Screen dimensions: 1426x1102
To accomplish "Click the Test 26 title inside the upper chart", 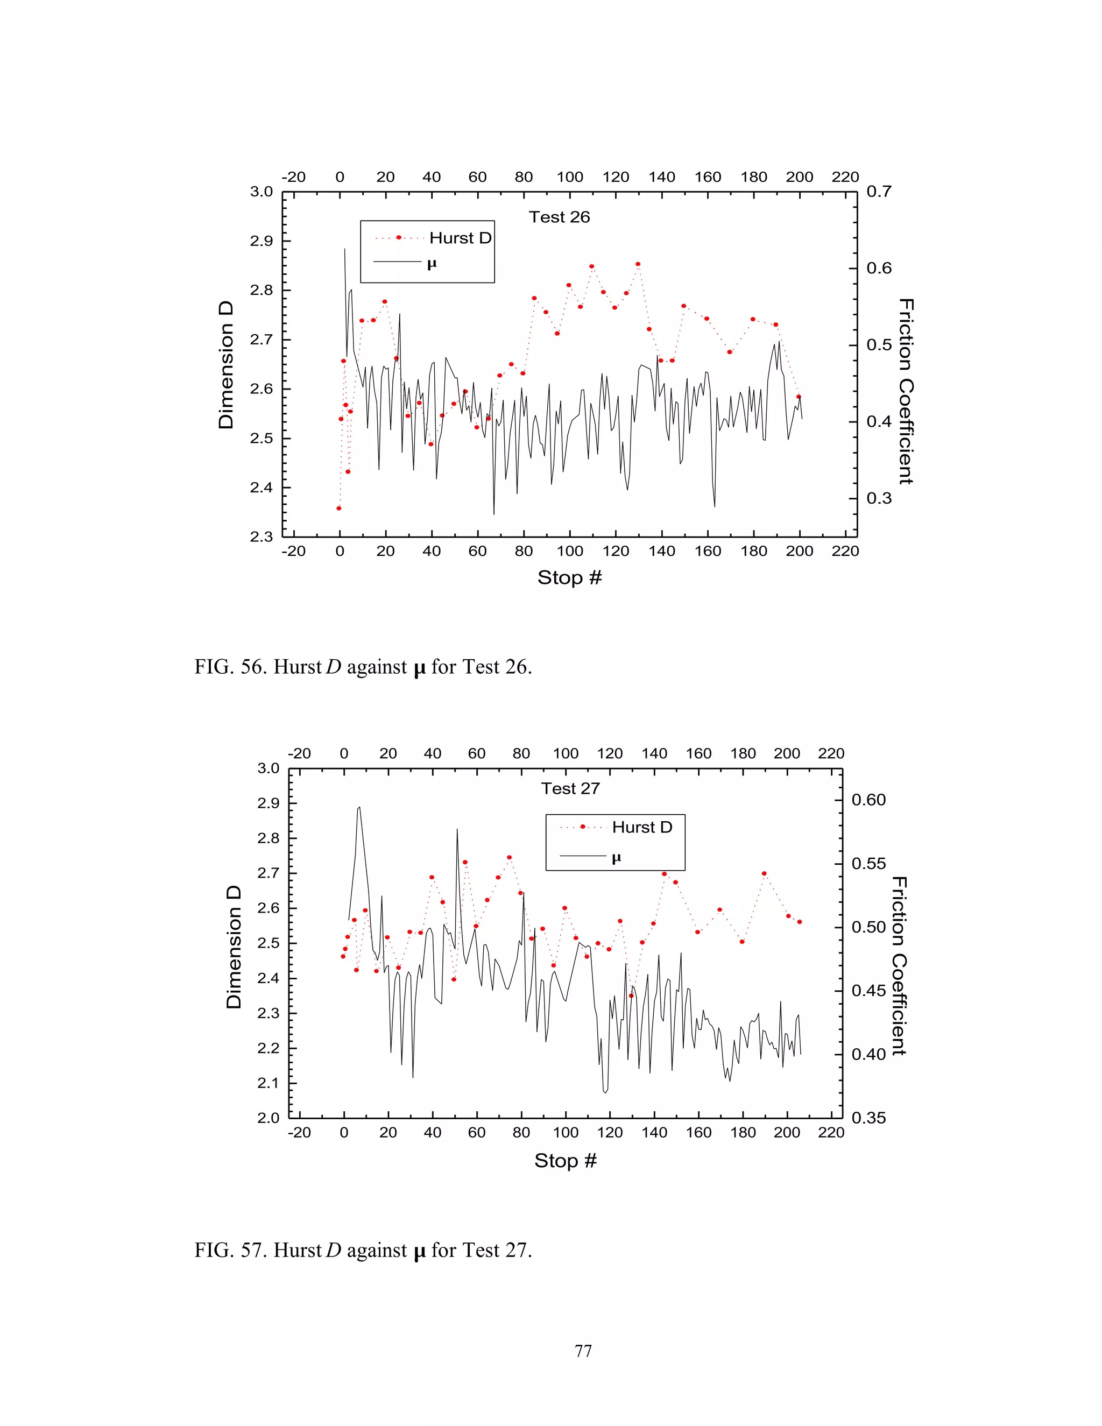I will tap(559, 217).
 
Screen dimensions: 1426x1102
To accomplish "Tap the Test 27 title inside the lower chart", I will tap(570, 789).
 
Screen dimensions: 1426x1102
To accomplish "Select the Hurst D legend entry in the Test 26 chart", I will tap(460, 238).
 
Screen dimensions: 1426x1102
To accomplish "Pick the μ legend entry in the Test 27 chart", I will tap(616, 858).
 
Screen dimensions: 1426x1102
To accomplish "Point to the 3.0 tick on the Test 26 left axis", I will tap(261, 192).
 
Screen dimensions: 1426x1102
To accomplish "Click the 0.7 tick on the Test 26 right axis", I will tap(879, 192).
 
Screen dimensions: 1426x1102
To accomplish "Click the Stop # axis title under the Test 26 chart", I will tap(569, 578).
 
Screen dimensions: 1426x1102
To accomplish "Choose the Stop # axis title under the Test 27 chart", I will tap(566, 1160).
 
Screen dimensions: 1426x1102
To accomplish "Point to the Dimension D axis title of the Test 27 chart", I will tap(234, 947).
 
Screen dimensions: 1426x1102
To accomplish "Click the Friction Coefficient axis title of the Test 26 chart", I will tap(906, 392).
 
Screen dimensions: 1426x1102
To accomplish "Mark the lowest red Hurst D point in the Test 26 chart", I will tap(339, 508).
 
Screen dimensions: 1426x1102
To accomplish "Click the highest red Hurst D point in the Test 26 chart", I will tap(638, 264).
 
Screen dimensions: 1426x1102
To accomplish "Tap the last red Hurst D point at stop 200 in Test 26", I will tap(799, 397).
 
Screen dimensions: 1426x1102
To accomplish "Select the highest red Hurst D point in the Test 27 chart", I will tap(509, 857).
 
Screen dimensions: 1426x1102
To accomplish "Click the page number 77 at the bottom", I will tap(583, 1351).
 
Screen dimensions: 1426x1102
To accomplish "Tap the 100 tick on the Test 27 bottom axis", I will tap(566, 1133).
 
